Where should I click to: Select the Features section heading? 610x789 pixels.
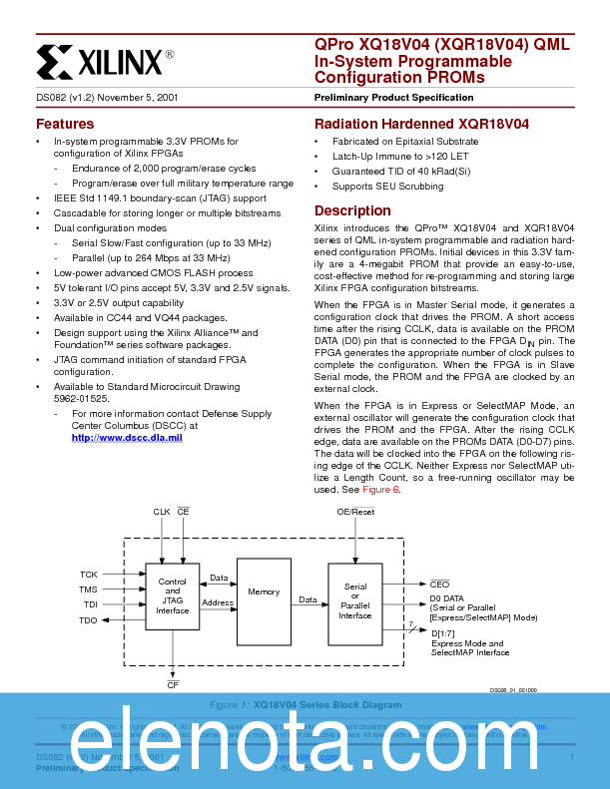coord(65,125)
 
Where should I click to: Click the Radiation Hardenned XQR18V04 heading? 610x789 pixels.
coord(421,125)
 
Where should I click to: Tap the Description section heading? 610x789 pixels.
coord(352,211)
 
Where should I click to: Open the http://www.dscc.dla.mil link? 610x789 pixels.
coord(127,437)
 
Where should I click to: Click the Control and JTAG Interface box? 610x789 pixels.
coord(172,596)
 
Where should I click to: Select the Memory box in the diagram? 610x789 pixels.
coord(264,592)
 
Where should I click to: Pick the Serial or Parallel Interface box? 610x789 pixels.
coord(354,601)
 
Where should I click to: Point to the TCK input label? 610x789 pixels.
coord(89,575)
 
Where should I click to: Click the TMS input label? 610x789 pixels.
coord(89,590)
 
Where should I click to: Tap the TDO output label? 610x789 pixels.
coord(89,620)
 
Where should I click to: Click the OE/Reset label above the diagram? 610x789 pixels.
coord(355,512)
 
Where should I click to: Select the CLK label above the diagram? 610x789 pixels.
coord(161,512)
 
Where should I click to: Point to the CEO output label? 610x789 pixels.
coord(439,584)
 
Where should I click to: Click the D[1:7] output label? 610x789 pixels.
coord(443,632)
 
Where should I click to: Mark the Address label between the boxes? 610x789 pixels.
coord(218,602)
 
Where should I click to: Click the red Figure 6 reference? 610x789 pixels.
coord(380,490)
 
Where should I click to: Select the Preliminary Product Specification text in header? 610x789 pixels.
coord(393,98)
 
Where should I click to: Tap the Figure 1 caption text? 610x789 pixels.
coord(305,705)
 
